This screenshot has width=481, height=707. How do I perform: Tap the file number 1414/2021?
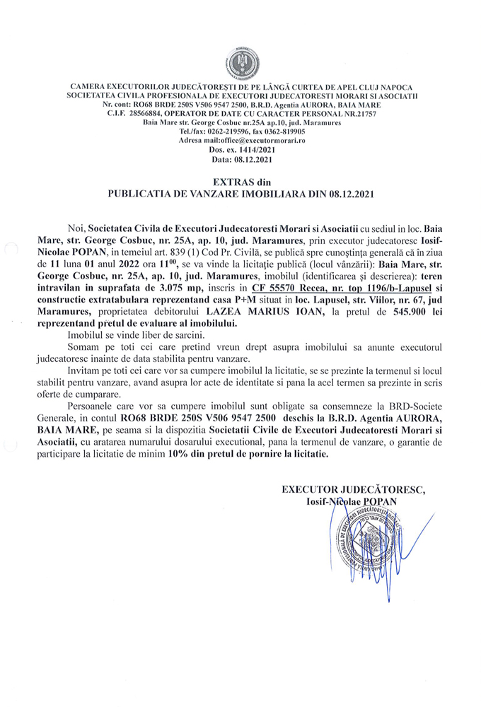[x=257, y=149]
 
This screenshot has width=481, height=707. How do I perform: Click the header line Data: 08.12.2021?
[x=240, y=158]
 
